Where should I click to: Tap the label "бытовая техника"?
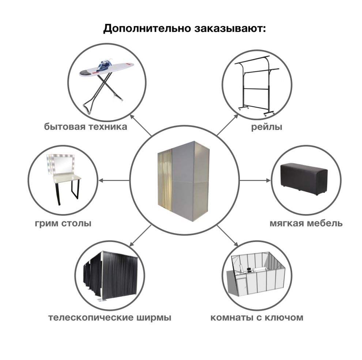(x=86, y=127)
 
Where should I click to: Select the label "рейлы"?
(x=267, y=127)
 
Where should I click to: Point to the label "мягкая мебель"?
(x=306, y=223)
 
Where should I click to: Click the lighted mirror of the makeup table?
(x=61, y=164)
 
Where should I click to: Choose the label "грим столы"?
(x=63, y=223)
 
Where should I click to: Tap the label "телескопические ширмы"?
(x=110, y=318)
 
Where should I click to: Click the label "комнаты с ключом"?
(x=257, y=318)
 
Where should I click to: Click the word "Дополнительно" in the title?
(x=147, y=28)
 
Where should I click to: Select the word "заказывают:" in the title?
(x=230, y=29)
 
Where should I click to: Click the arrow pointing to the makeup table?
(x=114, y=180)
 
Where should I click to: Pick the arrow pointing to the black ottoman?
(x=255, y=180)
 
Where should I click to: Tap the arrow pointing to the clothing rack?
(x=227, y=125)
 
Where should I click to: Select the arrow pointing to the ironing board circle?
(x=141, y=125)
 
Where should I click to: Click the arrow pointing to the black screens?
(x=140, y=236)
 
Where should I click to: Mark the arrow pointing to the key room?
(x=228, y=236)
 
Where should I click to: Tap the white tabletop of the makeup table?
(x=67, y=178)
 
